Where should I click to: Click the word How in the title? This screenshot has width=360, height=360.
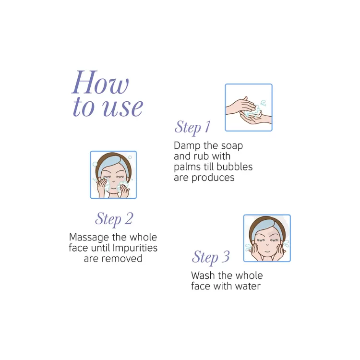[x=100, y=83]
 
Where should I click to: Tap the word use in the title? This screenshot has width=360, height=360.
[x=122, y=108]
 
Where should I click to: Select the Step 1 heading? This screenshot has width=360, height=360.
[x=192, y=127]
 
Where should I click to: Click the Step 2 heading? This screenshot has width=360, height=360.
[x=114, y=219]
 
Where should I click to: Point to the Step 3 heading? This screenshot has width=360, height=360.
[x=211, y=257]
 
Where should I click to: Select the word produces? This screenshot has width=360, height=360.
[x=213, y=178]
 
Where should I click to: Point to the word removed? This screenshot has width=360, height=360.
[x=122, y=259]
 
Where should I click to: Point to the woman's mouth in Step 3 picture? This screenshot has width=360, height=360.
[x=267, y=251]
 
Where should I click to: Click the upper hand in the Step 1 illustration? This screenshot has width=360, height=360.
[x=240, y=106]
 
